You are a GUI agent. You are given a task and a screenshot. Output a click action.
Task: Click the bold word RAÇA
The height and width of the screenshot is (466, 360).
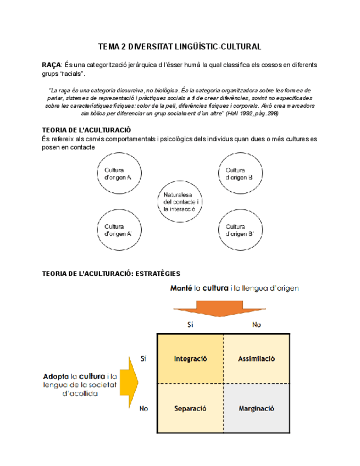click(x=51, y=65)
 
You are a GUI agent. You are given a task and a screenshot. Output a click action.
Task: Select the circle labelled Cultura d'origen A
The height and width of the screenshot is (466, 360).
click(x=119, y=174)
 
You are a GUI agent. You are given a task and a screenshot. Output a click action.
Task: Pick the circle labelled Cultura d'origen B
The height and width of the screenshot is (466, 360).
click(x=240, y=174)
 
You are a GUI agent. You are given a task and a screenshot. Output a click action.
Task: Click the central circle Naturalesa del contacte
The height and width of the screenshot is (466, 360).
click(x=180, y=202)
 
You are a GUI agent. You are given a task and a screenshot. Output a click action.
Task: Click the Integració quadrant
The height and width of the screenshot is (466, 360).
click(x=190, y=358)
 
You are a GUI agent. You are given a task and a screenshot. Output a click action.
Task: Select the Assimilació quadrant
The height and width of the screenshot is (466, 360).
click(x=256, y=358)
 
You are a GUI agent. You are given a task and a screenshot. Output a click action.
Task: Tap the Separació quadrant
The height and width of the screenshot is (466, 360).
click(x=190, y=408)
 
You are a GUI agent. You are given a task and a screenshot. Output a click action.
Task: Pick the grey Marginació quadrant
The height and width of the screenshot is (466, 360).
click(x=256, y=408)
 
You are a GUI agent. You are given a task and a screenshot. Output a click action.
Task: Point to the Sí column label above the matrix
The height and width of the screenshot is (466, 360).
click(x=190, y=325)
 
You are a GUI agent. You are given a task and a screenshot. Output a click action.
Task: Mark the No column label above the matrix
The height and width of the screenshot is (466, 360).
click(x=256, y=325)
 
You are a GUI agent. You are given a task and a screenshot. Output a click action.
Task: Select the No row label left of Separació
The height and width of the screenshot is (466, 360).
click(x=144, y=408)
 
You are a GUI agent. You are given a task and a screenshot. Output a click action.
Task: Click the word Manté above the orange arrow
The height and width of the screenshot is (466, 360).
click(x=181, y=288)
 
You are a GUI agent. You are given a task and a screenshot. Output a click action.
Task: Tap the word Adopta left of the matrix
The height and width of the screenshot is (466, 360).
click(x=56, y=376)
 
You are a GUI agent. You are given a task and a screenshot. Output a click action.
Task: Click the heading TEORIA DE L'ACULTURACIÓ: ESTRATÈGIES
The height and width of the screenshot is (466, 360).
click(x=112, y=273)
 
